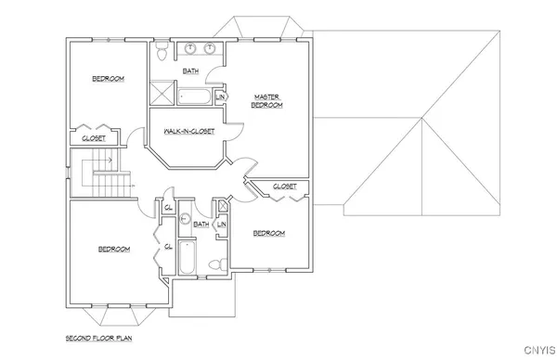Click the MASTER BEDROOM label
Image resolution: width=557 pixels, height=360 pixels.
(x=267, y=101)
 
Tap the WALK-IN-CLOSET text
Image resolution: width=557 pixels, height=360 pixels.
(x=189, y=131)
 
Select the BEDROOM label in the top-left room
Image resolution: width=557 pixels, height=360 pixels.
(x=108, y=79)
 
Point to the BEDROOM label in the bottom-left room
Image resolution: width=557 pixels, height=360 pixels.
(x=114, y=249)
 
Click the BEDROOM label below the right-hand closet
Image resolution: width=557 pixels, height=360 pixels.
(x=268, y=233)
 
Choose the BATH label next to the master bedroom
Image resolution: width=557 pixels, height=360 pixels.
(x=190, y=71)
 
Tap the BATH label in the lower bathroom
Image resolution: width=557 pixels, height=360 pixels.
(x=201, y=224)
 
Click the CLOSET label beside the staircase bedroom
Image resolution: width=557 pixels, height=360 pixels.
(x=94, y=137)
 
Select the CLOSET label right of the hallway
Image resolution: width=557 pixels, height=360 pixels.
(x=284, y=186)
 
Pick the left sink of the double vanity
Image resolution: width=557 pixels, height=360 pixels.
(x=188, y=48)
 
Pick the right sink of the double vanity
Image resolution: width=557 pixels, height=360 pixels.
(x=211, y=48)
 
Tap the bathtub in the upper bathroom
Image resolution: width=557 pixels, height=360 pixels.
(x=194, y=96)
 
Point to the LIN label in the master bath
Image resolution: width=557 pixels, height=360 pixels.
(x=221, y=96)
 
